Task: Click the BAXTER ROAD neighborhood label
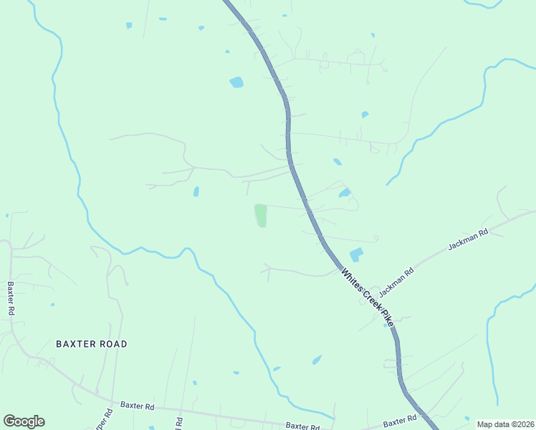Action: [92, 344]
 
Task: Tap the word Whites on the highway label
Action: [353, 279]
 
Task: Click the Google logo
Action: [24, 421]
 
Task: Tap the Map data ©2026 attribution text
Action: [505, 424]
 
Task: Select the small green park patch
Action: [261, 215]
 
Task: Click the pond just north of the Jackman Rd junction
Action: [355, 255]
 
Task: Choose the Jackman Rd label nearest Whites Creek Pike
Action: [396, 282]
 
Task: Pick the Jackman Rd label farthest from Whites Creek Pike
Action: [468, 239]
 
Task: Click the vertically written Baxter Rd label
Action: [11, 299]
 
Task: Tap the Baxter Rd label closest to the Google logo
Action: [138, 406]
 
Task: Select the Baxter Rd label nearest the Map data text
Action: [400, 420]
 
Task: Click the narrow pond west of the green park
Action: [196, 191]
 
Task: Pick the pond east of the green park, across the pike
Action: [345, 193]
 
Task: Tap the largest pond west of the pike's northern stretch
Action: [236, 82]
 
